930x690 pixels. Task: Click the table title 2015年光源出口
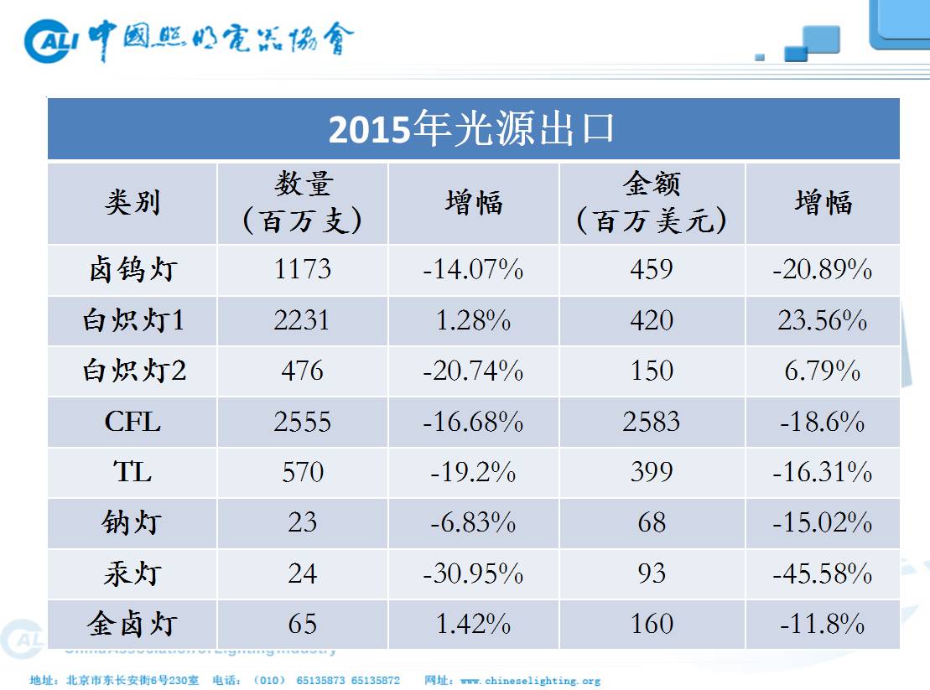[472, 129]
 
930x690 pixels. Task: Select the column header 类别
[132, 203]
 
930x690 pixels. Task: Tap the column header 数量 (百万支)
[302, 203]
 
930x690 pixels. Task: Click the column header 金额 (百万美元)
[651, 203]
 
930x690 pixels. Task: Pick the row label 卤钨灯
[132, 270]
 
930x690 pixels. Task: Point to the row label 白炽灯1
[132, 321]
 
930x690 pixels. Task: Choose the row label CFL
[132, 422]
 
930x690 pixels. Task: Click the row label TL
[132, 473]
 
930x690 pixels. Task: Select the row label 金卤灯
[132, 625]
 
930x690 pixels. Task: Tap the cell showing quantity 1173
[302, 270]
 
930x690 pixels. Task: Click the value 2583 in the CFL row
[651, 422]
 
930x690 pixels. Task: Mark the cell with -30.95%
[473, 574]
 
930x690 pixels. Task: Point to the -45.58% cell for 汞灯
[822, 574]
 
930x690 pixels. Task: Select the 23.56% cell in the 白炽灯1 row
[822, 321]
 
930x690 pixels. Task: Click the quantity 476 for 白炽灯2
[302, 371]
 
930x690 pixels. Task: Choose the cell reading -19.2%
[473, 473]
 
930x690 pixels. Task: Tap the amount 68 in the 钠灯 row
[651, 523]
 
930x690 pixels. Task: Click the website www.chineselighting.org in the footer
[530, 681]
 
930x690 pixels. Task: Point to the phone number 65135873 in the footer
[320, 681]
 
